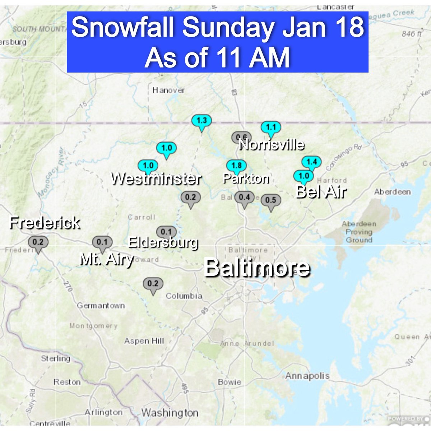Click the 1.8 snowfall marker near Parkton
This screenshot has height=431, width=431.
[236, 166]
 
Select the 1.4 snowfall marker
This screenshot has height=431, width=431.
[311, 162]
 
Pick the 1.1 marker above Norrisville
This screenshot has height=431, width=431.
[270, 127]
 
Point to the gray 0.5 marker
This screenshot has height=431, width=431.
[270, 200]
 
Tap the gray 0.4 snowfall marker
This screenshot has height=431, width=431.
[244, 197]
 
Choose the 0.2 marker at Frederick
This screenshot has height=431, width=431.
[38, 242]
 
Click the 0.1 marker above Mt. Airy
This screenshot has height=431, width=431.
[102, 242]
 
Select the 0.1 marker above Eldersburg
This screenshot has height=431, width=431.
[166, 232]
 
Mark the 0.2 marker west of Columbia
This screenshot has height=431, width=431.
[153, 284]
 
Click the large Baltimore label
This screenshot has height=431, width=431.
[256, 268]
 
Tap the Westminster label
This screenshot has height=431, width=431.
[156, 179]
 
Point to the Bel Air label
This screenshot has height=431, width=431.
[320, 192]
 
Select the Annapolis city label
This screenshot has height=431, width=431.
[307, 376]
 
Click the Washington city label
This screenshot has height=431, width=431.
[170, 413]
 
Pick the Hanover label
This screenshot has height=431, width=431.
[168, 90]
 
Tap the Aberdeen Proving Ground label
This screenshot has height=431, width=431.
[359, 232]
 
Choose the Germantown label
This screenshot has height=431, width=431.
[101, 306]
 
